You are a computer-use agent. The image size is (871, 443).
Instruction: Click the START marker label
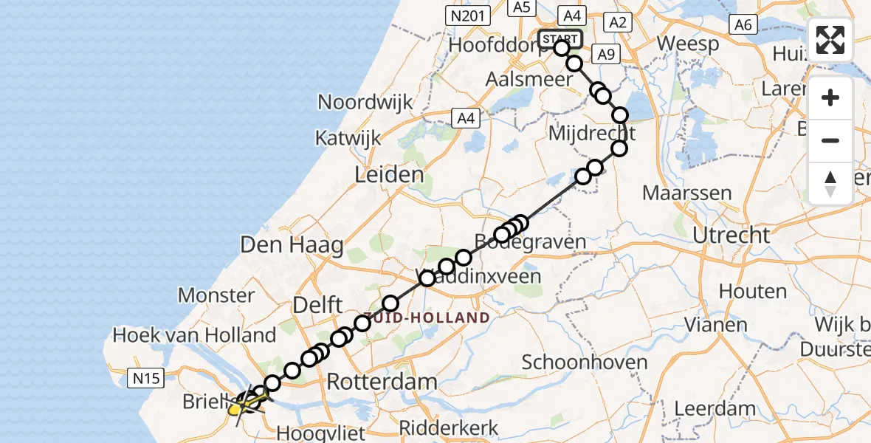pos(561,38)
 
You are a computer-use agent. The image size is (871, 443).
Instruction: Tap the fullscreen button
pos(830,40)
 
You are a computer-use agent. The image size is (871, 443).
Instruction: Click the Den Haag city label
pos(291,245)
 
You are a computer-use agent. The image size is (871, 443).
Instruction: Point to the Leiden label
pos(390,175)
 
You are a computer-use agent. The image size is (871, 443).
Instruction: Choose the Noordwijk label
pos(365,102)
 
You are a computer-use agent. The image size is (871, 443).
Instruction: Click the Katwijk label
pos(348,137)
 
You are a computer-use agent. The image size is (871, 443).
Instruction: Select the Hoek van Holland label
pos(194,335)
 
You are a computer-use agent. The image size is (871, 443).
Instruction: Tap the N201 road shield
pos(468,14)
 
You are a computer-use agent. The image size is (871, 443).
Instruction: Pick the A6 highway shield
pos(743,24)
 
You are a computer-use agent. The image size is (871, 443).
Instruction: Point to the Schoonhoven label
pos(585,363)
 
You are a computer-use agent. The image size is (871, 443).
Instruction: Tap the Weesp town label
pos(688,44)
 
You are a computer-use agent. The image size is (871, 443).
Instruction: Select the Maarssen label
pos(687,193)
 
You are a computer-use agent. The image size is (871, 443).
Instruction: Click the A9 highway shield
pos(606,53)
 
